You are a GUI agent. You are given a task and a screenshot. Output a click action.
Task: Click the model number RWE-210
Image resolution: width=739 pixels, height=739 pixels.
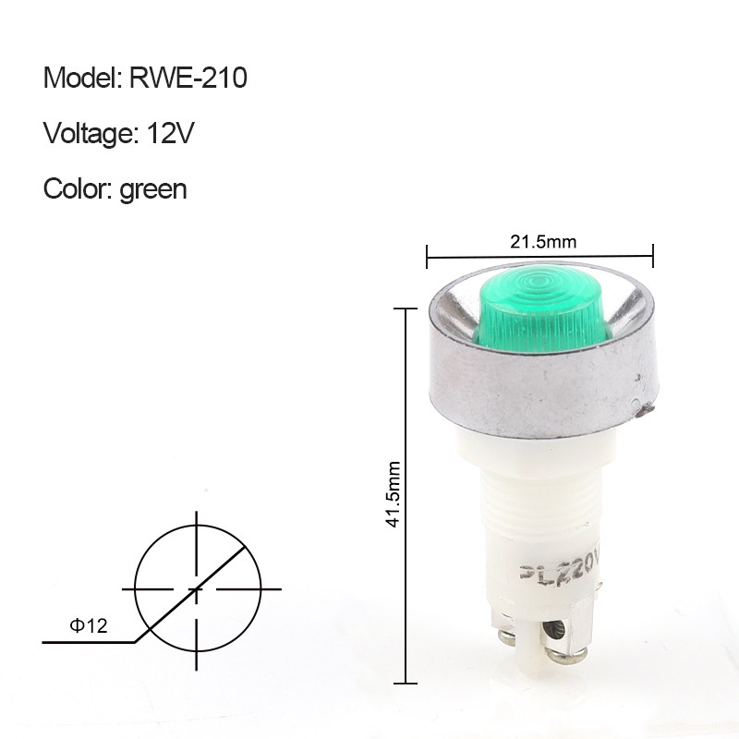pos(188,78)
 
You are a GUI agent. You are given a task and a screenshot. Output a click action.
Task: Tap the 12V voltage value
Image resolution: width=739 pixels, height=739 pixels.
pos(170,133)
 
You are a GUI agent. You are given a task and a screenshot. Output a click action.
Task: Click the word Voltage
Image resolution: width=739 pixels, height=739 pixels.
pos(88,134)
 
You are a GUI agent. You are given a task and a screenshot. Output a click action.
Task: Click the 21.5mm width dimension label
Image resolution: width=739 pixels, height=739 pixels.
pos(543,242)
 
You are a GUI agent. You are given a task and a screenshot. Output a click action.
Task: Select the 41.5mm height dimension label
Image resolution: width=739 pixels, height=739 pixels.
pos(393,494)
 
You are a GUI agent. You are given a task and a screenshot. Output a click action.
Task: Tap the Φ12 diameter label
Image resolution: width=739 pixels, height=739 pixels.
pos(89,625)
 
